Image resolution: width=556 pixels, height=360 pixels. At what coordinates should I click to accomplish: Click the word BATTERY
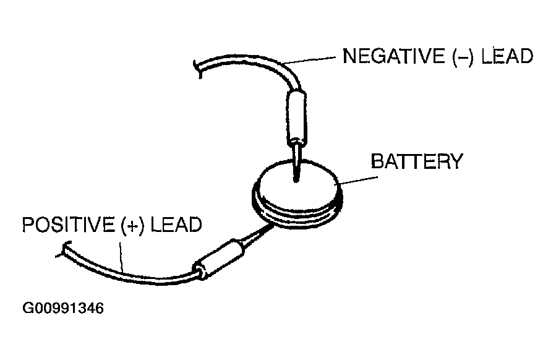point(416,161)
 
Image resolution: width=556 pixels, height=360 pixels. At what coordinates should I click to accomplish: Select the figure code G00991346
point(62,307)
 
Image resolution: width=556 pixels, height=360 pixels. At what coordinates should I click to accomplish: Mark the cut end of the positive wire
point(62,252)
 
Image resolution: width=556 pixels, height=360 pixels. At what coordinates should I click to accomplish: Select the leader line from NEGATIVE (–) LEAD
point(312,61)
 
